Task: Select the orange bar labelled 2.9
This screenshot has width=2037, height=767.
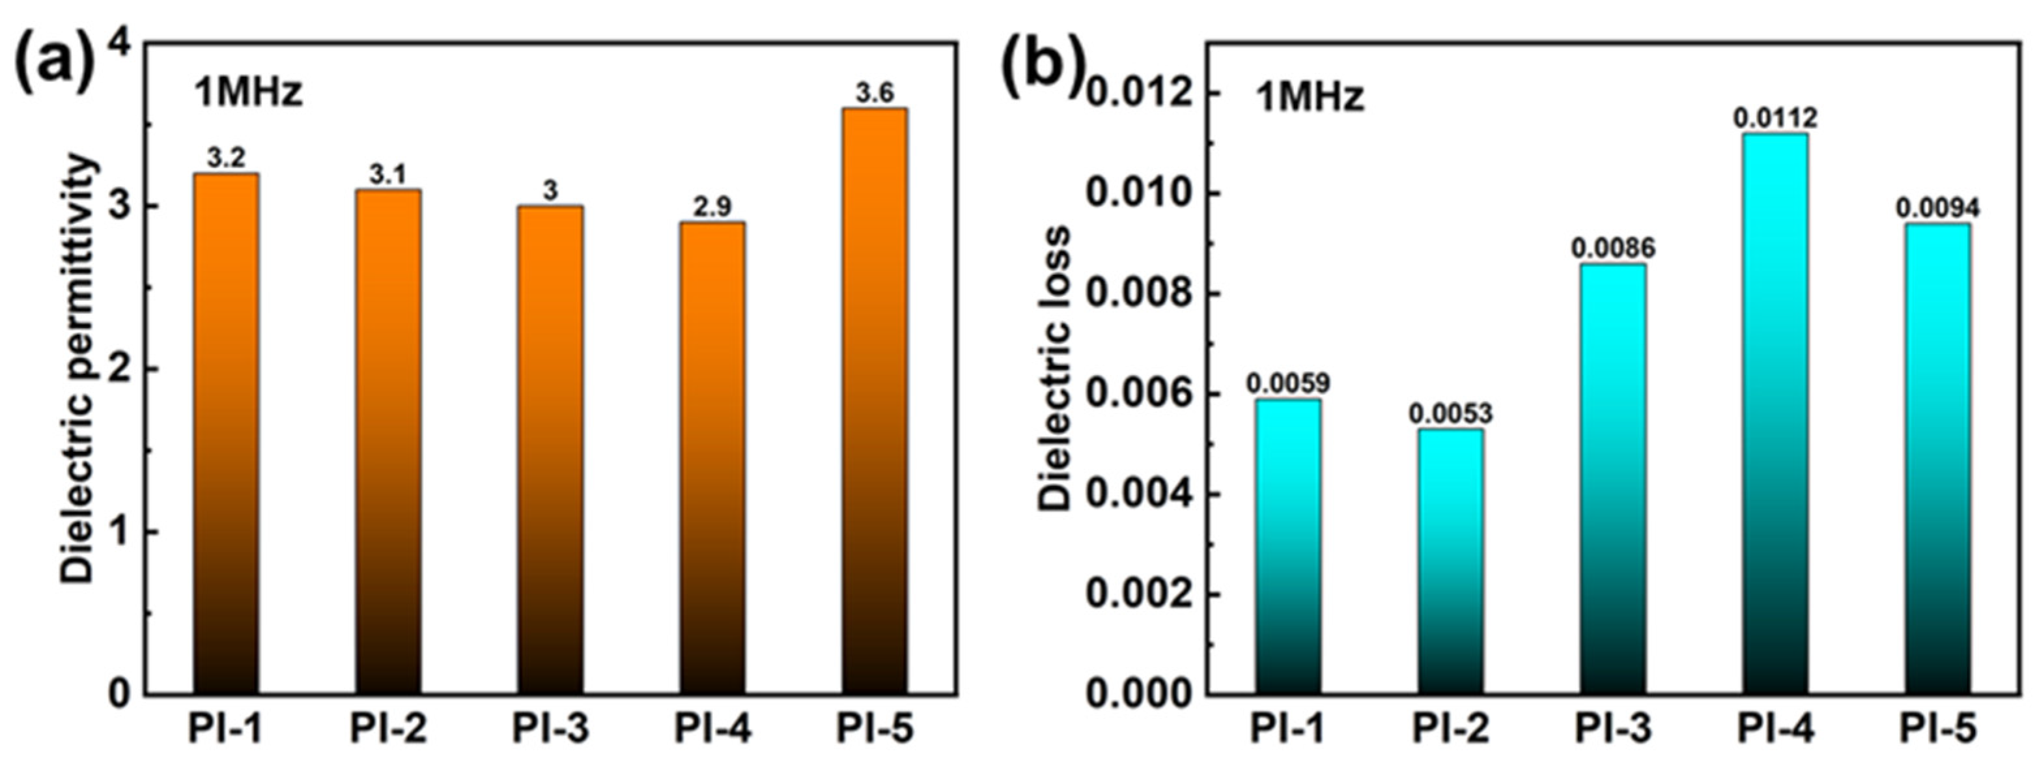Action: tap(712, 458)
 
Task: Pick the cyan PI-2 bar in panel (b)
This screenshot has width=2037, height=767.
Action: tap(1450, 562)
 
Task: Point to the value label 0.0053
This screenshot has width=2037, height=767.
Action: tap(1450, 413)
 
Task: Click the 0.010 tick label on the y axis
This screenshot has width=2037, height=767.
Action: tap(1140, 194)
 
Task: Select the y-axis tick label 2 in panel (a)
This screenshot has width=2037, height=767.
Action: tap(120, 369)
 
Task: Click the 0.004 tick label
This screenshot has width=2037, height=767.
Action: tap(1140, 494)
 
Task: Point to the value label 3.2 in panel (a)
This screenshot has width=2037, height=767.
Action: tap(226, 159)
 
